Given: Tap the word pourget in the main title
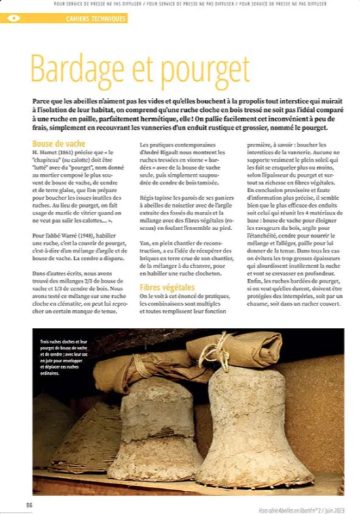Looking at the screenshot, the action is coord(203,69).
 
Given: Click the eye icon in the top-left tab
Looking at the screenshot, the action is coord(12,18).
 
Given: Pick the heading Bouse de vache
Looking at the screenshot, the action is coord(58,145).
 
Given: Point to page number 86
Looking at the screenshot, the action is coord(29,504).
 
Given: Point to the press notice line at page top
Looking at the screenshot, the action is coord(190,3).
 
